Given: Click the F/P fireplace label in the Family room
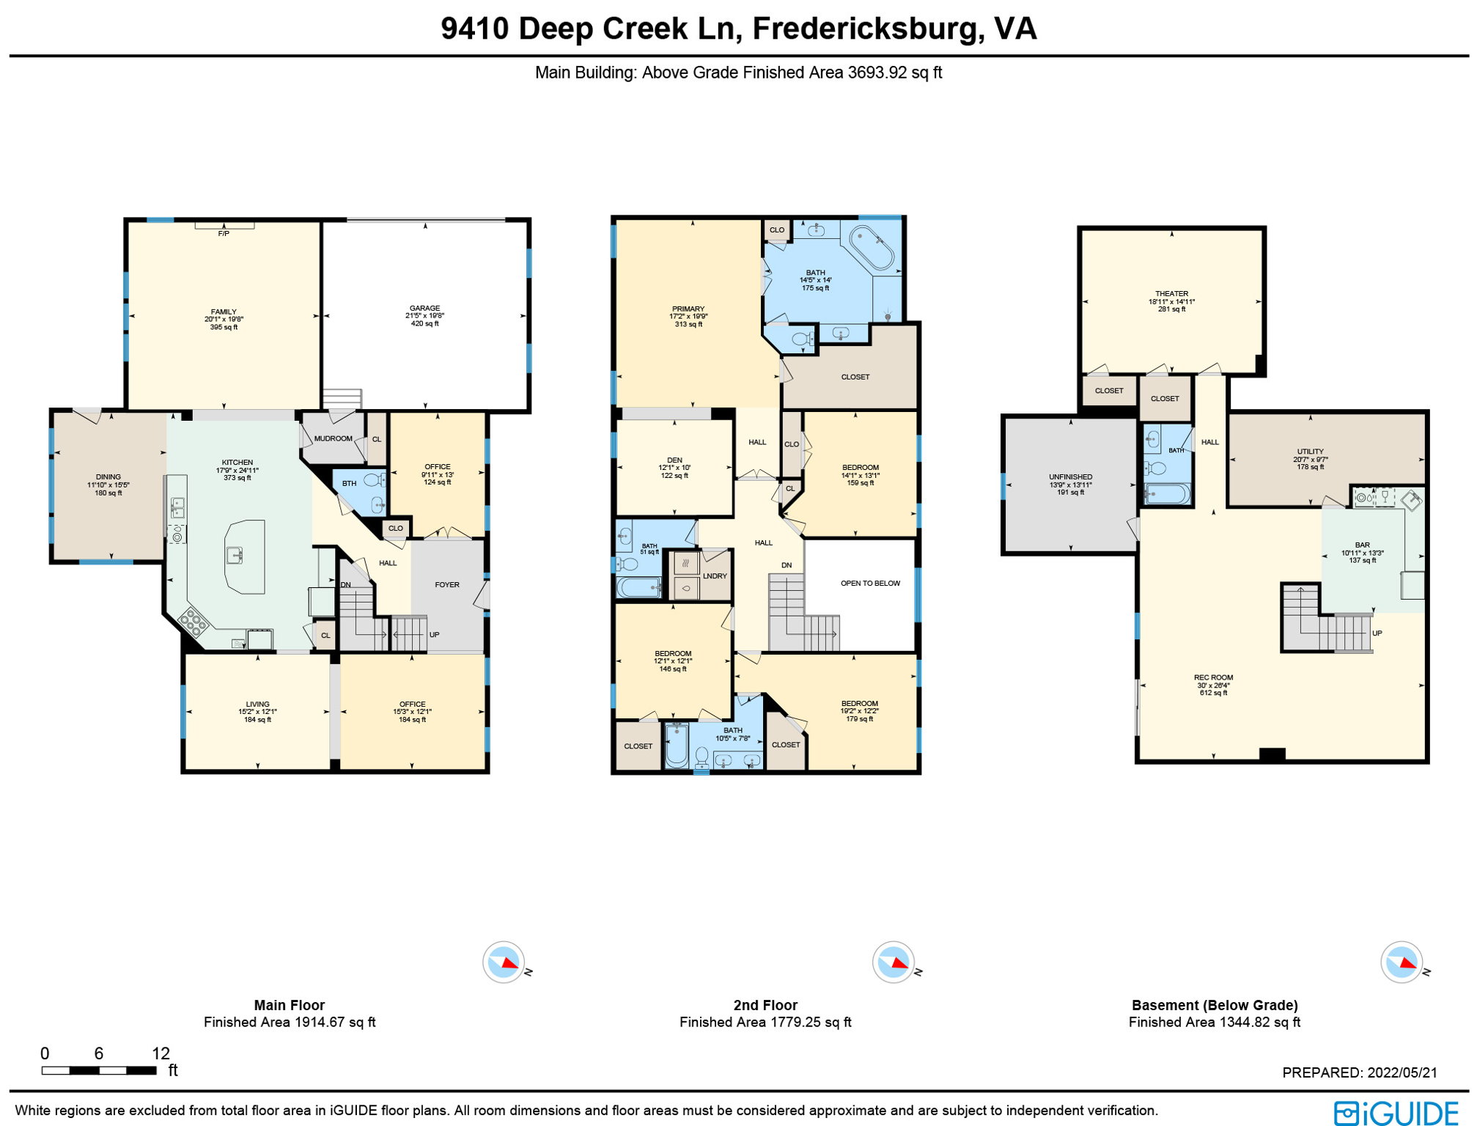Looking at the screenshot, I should pyautogui.click(x=224, y=234).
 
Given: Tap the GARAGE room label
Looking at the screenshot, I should pyautogui.click(x=424, y=309).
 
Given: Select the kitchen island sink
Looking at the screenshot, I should pyautogui.click(x=235, y=556).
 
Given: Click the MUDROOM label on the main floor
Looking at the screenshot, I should pyautogui.click(x=333, y=438).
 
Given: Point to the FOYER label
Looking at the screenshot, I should pyautogui.click(x=446, y=585).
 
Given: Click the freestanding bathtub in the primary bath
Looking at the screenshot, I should pyautogui.click(x=872, y=248).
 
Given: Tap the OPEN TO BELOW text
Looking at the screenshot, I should pyautogui.click(x=870, y=584).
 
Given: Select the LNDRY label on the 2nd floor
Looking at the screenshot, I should pyautogui.click(x=715, y=576).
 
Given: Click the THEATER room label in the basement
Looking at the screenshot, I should pyautogui.click(x=1171, y=294).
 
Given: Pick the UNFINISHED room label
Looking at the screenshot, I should pyautogui.click(x=1070, y=477).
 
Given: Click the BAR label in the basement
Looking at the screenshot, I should pyautogui.click(x=1362, y=545).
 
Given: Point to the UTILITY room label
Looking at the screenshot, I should pyautogui.click(x=1310, y=452).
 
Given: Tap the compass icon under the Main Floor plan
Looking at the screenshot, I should pyautogui.click(x=504, y=962).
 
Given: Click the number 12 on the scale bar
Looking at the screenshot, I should pyautogui.click(x=161, y=1053).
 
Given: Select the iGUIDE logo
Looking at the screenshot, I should pyautogui.click(x=1396, y=1113).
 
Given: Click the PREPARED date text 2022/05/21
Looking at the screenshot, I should pyautogui.click(x=1402, y=1072).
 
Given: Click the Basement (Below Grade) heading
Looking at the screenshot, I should pyautogui.click(x=1214, y=1005).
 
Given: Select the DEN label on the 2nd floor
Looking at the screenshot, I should pyautogui.click(x=674, y=460).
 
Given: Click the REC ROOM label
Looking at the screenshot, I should pyautogui.click(x=1213, y=677).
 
